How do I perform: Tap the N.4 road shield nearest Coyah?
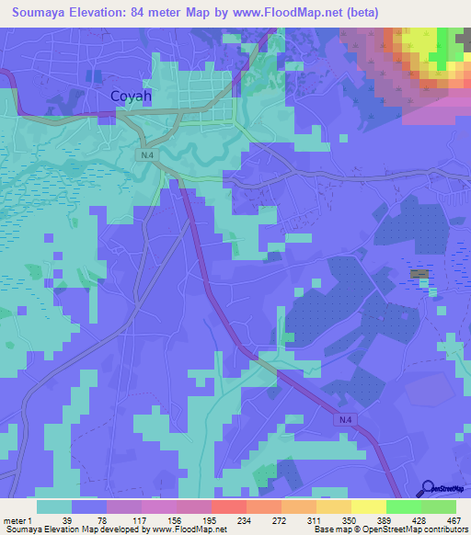(x=147, y=156)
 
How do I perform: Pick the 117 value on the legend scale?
(x=141, y=520)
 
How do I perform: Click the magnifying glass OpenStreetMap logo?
(x=427, y=487)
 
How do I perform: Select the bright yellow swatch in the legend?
(x=369, y=507)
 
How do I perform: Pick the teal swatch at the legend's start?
(x=54, y=507)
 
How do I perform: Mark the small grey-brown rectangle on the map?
(x=419, y=274)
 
